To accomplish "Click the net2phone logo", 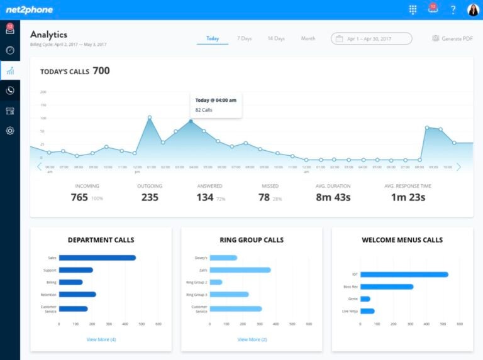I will coord(30,9).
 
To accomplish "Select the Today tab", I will coord(213,39).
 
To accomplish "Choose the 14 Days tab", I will coord(276,39).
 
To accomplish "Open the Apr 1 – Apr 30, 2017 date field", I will coord(371,39).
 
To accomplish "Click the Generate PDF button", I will coord(452,39).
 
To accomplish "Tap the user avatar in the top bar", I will coord(472,9).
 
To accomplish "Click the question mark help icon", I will coord(453,9).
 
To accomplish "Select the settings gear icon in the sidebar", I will coord(10,131).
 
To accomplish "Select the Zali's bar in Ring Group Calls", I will coord(240,270).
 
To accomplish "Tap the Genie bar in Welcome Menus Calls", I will coord(365,299).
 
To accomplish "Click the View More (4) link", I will coord(101,339).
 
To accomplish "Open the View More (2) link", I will coord(252,339).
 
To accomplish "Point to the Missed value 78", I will coord(264,198).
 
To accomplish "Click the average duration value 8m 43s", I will coord(333,198).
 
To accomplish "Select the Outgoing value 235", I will coord(150,198).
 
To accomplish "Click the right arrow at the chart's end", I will coord(458,167).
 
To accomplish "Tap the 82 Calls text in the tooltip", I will coord(204,110).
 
